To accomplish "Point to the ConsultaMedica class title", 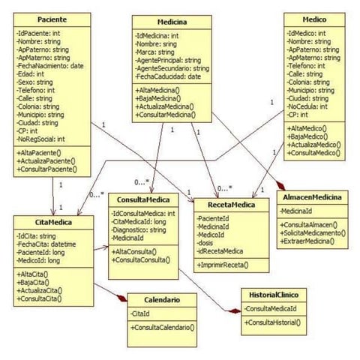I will [x=143, y=199].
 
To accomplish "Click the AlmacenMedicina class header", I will [x=313, y=196].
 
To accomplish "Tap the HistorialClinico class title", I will [x=272, y=295].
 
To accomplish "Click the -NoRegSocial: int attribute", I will [x=42, y=139].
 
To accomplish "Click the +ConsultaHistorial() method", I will [x=273, y=322].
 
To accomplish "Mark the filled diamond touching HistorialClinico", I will [x=234, y=310].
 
